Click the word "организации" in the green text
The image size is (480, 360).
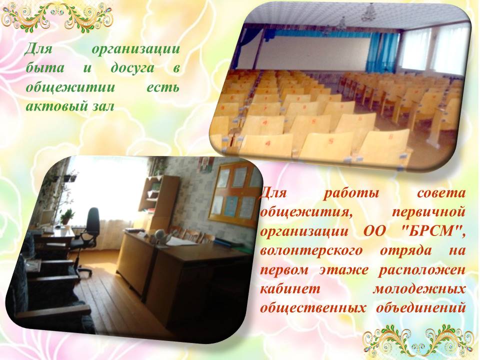[x=135, y=49]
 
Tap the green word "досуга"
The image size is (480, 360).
[x=132, y=68]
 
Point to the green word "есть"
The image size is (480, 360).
[x=163, y=87]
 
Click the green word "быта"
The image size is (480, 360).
[x=45, y=68]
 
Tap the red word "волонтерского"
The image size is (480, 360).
[x=311, y=251]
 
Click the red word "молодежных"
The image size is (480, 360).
[x=418, y=288]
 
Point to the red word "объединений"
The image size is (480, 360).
[x=420, y=308]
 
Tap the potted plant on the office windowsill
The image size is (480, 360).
[x=67, y=216]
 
